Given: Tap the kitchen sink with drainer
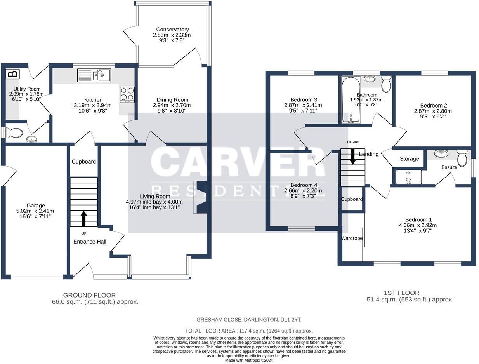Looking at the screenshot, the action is tap(94, 75).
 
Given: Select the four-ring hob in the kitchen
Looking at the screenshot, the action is tap(127, 95).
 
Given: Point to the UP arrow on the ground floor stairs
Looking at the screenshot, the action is tap(84, 219).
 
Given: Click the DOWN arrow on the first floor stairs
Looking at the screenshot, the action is tap(352, 156).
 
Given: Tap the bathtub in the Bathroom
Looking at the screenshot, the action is tap(351, 99).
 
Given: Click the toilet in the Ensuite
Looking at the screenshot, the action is tap(462, 158).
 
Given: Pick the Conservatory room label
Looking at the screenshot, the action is tap(172, 29).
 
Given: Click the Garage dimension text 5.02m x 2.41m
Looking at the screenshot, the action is tap(35, 211).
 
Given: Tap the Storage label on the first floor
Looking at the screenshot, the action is tap(409, 159).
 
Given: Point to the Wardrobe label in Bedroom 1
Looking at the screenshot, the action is tap(352, 238).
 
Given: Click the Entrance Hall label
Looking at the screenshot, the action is tap(90, 242).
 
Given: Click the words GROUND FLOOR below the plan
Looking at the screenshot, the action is tap(89, 295).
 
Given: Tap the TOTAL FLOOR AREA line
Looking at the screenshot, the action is tap(249, 331).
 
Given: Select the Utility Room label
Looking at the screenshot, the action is tap(27, 89).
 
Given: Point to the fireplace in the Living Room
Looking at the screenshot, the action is tap(200, 197).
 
